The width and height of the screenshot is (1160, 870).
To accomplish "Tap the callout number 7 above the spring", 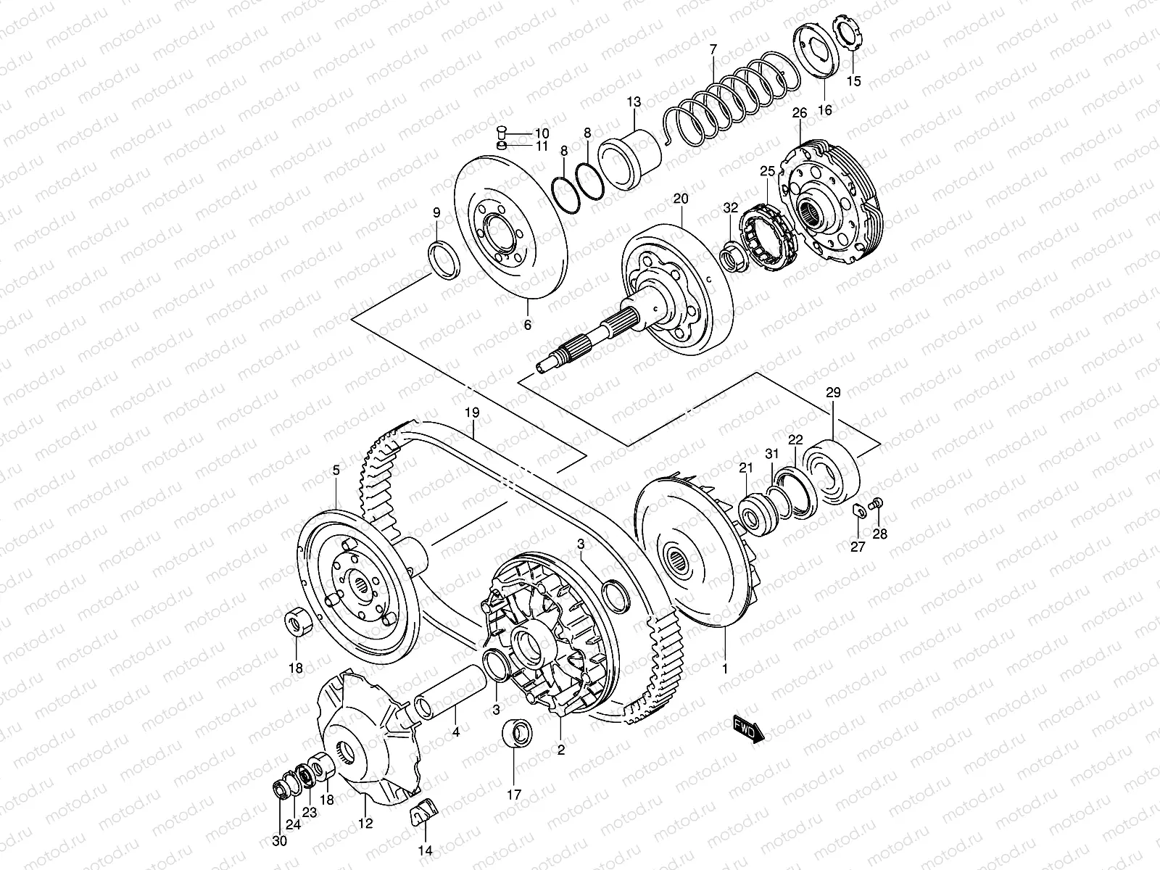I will [x=713, y=50].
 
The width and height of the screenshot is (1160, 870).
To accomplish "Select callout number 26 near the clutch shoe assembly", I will [x=799, y=113].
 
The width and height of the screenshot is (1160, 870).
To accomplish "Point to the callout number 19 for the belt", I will [x=472, y=413].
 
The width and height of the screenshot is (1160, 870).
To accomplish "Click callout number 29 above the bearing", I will [x=833, y=394].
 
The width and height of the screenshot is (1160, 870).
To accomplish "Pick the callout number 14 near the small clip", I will [x=425, y=850].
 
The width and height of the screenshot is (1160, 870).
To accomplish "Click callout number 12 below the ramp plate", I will [x=365, y=824].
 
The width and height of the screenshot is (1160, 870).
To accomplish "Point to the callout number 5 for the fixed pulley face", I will [x=336, y=471].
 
